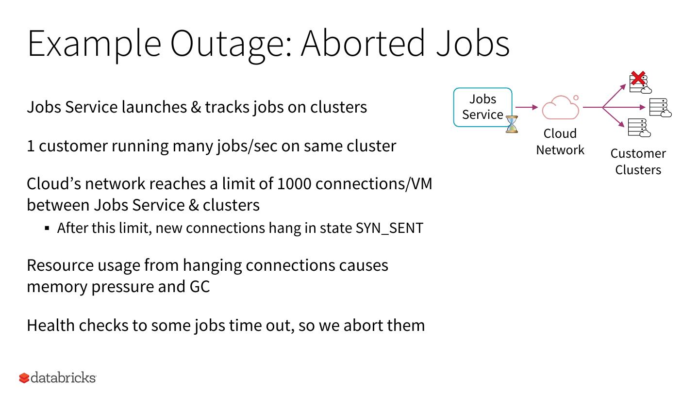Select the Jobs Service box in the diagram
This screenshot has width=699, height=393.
click(483, 107)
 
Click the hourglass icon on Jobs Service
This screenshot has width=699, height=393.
click(512, 124)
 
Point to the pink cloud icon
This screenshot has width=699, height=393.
click(561, 107)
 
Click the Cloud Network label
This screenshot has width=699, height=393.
click(560, 142)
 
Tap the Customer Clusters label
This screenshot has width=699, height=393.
click(638, 162)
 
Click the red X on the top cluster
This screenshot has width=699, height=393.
click(637, 79)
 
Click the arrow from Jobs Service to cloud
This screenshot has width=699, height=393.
click(527, 107)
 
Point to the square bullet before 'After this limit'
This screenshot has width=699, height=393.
click(47, 228)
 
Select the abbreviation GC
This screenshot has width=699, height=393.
click(200, 286)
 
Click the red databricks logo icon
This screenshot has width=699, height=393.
click(24, 377)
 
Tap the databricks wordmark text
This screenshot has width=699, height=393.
click(63, 377)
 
